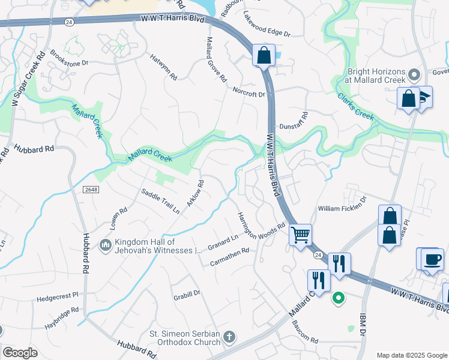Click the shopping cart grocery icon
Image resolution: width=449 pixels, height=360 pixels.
coord(300,234)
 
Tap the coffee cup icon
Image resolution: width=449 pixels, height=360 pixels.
coord(433,259)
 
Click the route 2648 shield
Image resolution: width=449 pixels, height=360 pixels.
coord(91,189)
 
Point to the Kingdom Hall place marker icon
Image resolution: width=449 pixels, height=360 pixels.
coord(106,245)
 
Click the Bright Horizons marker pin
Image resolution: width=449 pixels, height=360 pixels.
coord(414,76)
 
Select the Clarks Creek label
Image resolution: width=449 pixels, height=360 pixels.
coord(355,106)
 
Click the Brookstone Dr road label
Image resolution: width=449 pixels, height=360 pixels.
coord(69,58)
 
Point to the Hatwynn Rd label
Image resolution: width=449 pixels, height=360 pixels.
coord(164,67)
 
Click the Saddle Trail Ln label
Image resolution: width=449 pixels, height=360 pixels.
coord(160,201)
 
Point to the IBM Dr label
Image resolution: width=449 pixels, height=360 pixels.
coord(363,324)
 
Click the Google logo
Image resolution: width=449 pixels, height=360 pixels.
coord(20,353)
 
